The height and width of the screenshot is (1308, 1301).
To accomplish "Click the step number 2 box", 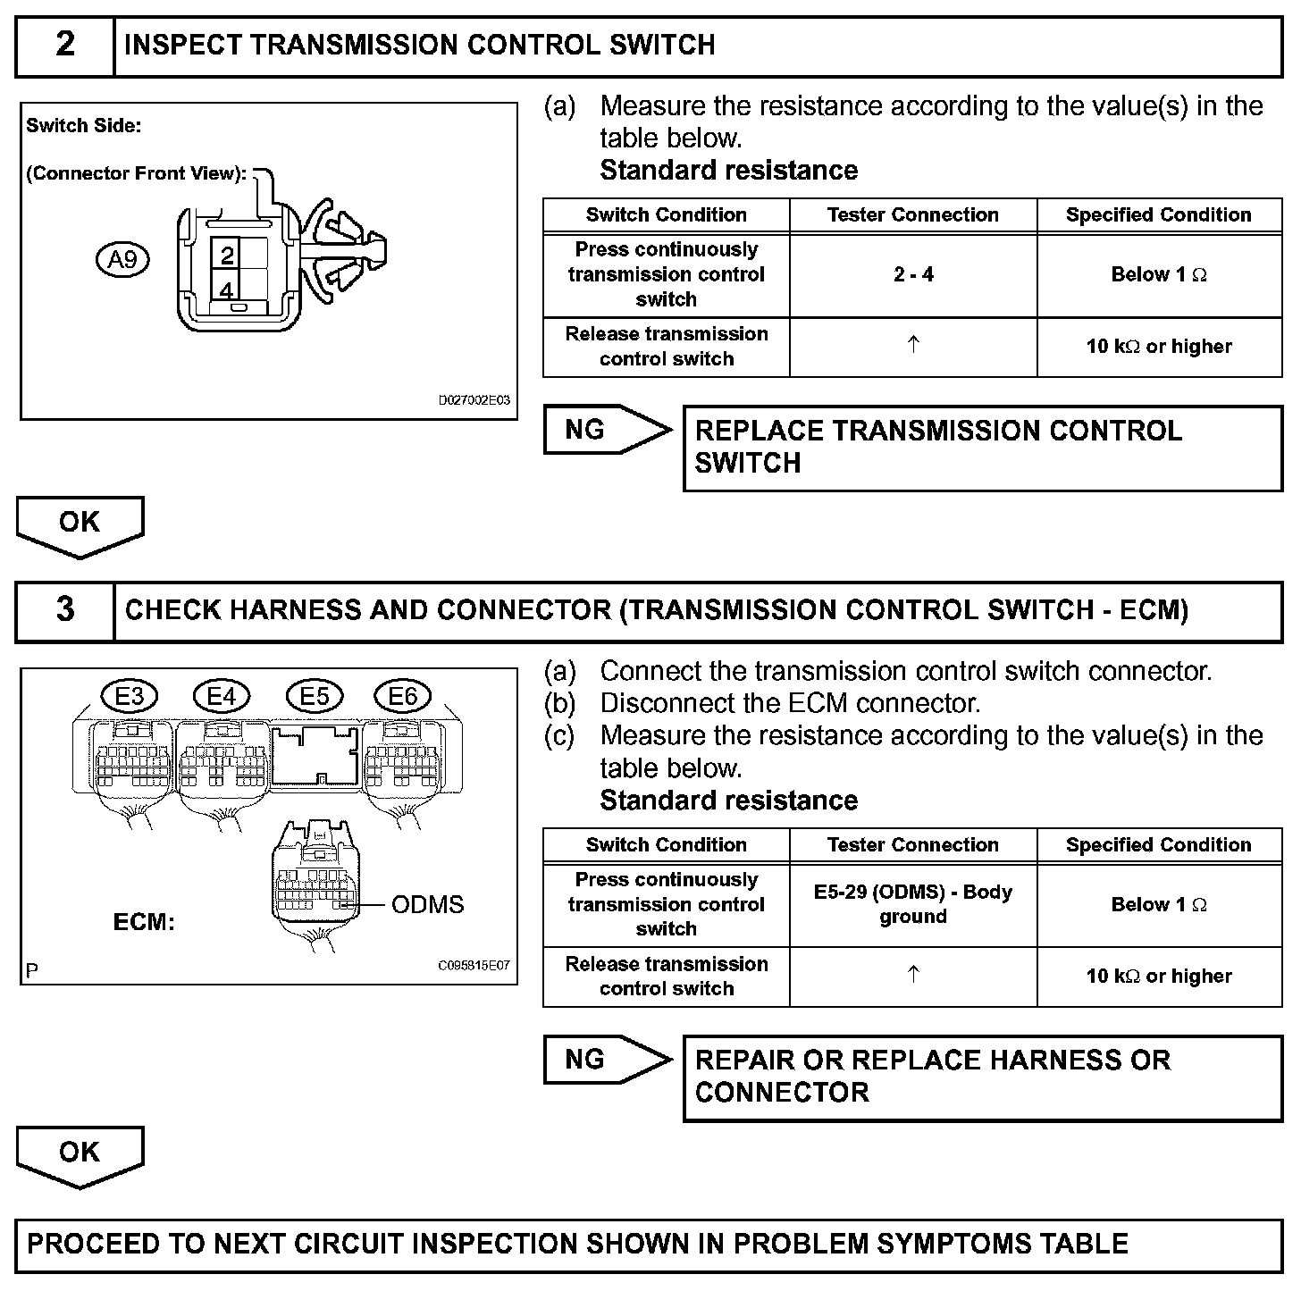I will [65, 46].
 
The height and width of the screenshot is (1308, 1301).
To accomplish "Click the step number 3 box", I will [65, 611].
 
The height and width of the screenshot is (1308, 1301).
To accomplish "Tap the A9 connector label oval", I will [122, 260].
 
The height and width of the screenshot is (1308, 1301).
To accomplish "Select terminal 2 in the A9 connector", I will [227, 256].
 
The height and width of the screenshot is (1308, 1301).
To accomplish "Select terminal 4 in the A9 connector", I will [227, 290].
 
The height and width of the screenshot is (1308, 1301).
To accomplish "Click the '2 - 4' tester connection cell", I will [913, 275].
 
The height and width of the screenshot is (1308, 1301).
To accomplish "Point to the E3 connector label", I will [130, 696].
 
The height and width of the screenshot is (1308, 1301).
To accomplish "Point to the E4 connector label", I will [222, 696].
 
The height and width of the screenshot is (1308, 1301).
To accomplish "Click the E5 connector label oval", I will [314, 696].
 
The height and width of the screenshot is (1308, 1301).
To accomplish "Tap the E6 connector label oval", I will [403, 696].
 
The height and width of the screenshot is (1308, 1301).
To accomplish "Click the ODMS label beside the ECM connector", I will [428, 905].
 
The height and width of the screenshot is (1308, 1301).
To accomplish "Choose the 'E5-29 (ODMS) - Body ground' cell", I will [913, 904].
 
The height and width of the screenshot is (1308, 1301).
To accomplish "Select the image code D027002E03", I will [474, 401].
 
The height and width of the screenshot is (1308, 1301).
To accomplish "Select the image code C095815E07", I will [474, 967].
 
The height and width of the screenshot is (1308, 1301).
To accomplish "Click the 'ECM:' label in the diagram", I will [144, 923].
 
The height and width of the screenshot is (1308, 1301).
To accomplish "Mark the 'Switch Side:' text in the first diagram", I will [83, 126].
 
